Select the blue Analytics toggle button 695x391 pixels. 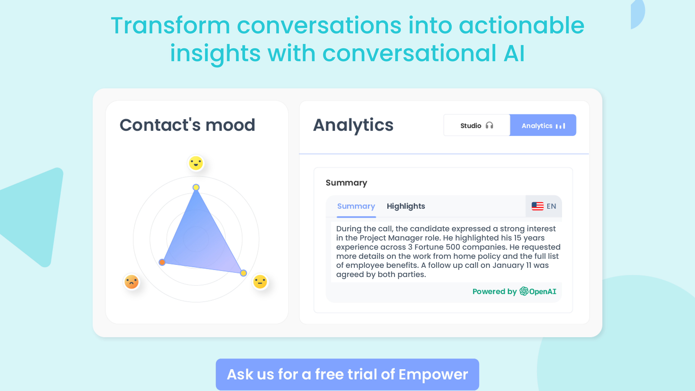click(543, 125)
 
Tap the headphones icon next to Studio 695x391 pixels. click(489, 126)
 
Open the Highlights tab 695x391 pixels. click(406, 206)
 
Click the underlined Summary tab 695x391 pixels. click(356, 206)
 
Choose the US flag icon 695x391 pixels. click(537, 206)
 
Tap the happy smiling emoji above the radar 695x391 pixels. click(196, 163)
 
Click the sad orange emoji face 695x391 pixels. click(131, 282)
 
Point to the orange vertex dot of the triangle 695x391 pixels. click(162, 262)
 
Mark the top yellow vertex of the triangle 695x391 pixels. click(196, 187)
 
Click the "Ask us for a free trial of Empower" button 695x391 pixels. click(347, 374)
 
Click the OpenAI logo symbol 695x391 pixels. click(524, 291)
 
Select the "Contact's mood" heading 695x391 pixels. click(187, 125)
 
